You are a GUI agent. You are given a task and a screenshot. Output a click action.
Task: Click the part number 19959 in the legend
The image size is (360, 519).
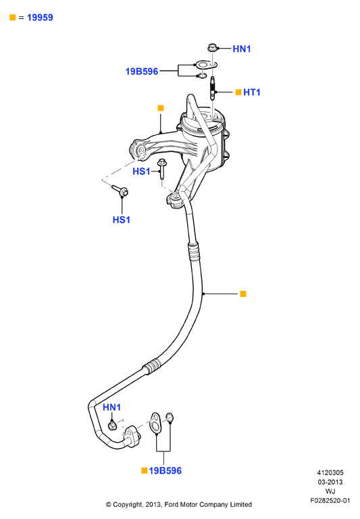(40, 18)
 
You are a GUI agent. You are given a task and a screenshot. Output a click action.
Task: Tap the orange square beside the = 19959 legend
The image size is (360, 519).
(13, 18)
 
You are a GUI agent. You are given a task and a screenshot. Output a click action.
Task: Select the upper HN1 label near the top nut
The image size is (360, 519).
(241, 49)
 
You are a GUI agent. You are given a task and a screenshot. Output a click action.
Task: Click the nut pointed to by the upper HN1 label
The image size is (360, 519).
(212, 48)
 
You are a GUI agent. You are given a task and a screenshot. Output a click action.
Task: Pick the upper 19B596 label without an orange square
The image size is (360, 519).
(141, 71)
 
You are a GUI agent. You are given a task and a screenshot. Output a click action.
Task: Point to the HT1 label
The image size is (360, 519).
(252, 92)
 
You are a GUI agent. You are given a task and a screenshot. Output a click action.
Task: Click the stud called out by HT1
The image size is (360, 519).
(213, 88)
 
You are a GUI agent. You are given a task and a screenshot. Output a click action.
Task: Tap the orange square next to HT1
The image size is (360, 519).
(238, 92)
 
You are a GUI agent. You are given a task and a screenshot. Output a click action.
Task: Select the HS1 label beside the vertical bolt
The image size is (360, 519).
(141, 171)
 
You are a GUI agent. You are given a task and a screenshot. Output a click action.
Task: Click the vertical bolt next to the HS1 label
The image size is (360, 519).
(162, 169)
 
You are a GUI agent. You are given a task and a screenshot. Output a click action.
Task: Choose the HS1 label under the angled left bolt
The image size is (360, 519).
(121, 220)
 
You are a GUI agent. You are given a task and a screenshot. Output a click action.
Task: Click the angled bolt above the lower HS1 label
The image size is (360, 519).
(120, 190)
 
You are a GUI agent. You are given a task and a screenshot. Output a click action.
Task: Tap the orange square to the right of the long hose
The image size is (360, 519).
(243, 294)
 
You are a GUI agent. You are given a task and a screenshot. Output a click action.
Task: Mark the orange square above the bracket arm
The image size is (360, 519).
(161, 108)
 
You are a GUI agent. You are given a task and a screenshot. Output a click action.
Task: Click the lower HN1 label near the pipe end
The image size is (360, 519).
(111, 407)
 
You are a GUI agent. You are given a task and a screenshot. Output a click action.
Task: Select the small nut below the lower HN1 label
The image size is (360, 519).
(112, 425)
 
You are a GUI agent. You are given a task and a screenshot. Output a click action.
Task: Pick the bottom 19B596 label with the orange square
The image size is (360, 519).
(165, 470)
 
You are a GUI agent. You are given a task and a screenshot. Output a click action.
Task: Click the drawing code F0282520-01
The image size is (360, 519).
(330, 501)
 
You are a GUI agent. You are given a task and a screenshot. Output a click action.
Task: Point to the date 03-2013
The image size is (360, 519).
(330, 482)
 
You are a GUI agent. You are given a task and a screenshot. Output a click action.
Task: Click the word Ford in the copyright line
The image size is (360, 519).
(172, 504)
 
